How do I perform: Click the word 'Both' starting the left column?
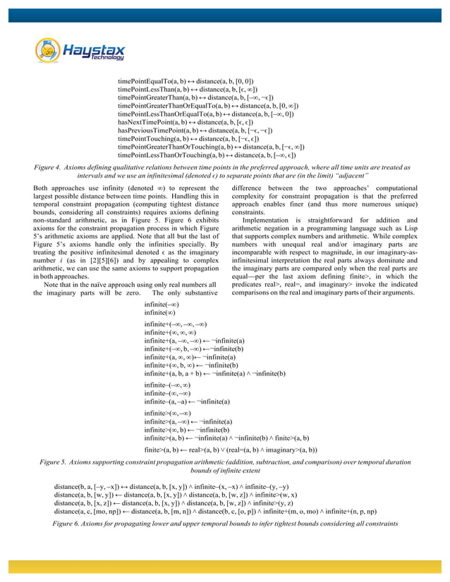click(41, 190)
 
